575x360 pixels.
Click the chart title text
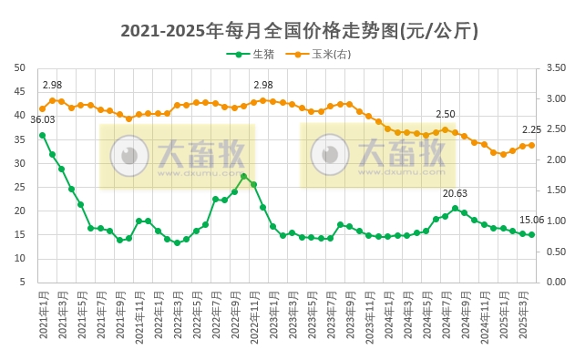(x=287, y=31)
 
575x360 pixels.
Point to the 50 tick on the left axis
(x=20, y=67)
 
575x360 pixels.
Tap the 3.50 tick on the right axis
(x=553, y=67)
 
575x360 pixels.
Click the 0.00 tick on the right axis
(x=553, y=282)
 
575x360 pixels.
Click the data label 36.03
(x=43, y=119)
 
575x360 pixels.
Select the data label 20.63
(x=455, y=193)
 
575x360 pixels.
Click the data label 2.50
(x=445, y=114)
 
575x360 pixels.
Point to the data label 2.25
(x=531, y=129)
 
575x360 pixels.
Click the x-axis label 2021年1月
(x=43, y=314)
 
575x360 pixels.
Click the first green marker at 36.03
(x=43, y=135)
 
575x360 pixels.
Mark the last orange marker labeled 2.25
(x=531, y=145)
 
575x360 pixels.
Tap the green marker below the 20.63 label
(x=455, y=209)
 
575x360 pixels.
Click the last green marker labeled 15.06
(x=531, y=234)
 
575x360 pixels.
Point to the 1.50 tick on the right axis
(x=553, y=190)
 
